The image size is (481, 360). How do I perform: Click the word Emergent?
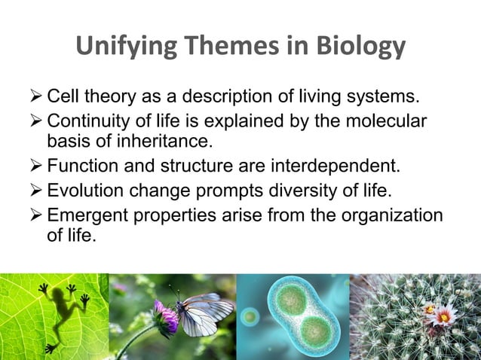tap(82, 215)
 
